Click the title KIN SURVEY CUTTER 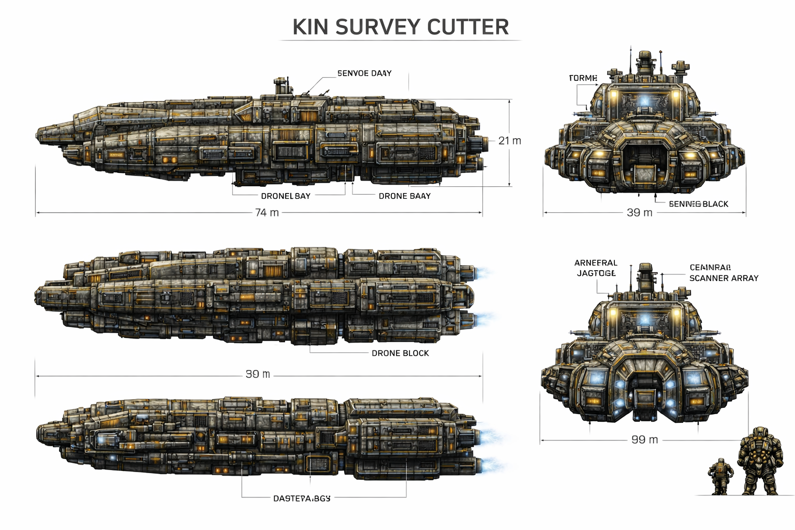pos(401,27)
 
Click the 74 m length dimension pos(267,212)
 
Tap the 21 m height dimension pos(509,140)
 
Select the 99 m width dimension pos(644,439)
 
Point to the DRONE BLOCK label pos(400,353)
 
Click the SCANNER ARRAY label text pos(724,278)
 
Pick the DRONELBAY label pos(285,196)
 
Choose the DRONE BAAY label pos(404,196)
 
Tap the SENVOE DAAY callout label pos(364,73)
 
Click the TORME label pos(583,78)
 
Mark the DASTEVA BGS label pos(301,498)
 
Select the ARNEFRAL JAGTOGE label pos(596,268)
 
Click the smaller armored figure pos(720,476)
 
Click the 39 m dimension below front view pos(640,212)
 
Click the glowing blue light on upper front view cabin pos(645,101)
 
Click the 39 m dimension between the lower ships pos(258,374)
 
